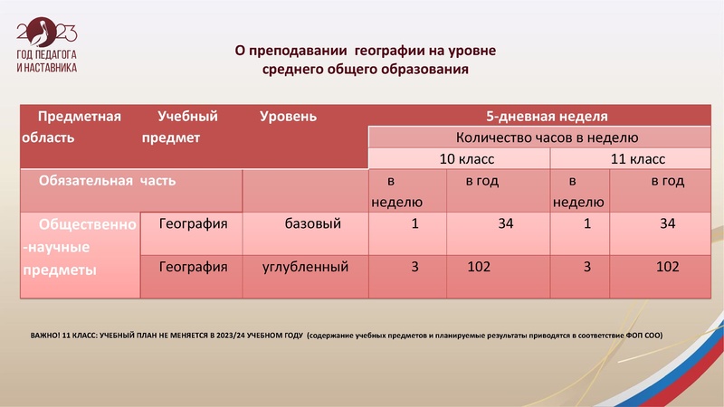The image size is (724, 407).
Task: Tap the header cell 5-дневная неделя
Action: (x=547, y=116)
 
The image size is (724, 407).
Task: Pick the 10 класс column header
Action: (x=460, y=158)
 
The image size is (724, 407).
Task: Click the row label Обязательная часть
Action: (x=107, y=180)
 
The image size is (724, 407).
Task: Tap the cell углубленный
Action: (x=306, y=267)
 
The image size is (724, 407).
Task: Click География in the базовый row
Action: (x=193, y=223)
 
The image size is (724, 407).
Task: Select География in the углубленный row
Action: (x=193, y=267)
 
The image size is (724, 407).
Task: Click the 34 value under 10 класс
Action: (x=505, y=223)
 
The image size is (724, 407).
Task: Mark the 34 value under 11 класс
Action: (x=668, y=223)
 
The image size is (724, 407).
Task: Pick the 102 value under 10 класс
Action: (x=480, y=267)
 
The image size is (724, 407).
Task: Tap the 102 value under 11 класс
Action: (x=668, y=267)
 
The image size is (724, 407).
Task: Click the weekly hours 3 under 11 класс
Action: (x=586, y=267)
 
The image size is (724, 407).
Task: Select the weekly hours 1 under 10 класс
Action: (x=414, y=223)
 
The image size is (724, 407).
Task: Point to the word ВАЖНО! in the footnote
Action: (x=45, y=336)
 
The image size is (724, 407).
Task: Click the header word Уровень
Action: (x=288, y=116)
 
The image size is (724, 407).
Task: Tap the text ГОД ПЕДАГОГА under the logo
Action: (x=47, y=56)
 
